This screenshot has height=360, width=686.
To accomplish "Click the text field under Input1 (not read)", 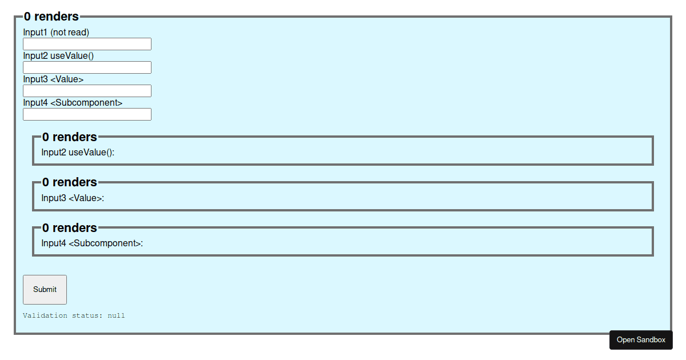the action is (x=87, y=44).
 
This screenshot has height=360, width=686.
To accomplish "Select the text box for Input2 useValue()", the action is (x=87, y=67).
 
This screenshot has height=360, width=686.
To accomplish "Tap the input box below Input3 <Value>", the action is (x=87, y=91).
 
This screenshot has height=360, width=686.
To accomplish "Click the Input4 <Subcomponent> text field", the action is (x=87, y=114).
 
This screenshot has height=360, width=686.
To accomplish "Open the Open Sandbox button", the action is (x=641, y=340).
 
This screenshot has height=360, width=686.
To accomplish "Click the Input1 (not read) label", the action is (x=56, y=33).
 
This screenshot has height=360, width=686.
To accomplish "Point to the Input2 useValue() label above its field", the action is (x=58, y=56).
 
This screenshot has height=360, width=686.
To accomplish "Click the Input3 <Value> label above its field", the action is (x=53, y=79).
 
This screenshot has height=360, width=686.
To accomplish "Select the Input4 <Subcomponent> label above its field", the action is (x=73, y=103).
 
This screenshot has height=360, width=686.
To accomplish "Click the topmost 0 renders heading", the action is (x=51, y=17).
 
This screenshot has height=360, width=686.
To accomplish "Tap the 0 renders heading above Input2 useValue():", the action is (x=70, y=137).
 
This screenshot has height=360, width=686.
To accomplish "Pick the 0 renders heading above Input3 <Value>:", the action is (x=70, y=182).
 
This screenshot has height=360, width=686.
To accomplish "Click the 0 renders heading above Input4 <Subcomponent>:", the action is (x=70, y=228).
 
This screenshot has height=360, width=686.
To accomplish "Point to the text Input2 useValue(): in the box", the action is (x=78, y=153).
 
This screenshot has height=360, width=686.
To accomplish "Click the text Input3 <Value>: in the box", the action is (x=73, y=198).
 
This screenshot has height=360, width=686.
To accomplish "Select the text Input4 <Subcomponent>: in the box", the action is (x=92, y=243).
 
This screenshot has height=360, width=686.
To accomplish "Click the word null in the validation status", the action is (x=116, y=315).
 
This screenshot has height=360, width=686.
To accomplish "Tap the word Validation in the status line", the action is (x=45, y=315).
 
